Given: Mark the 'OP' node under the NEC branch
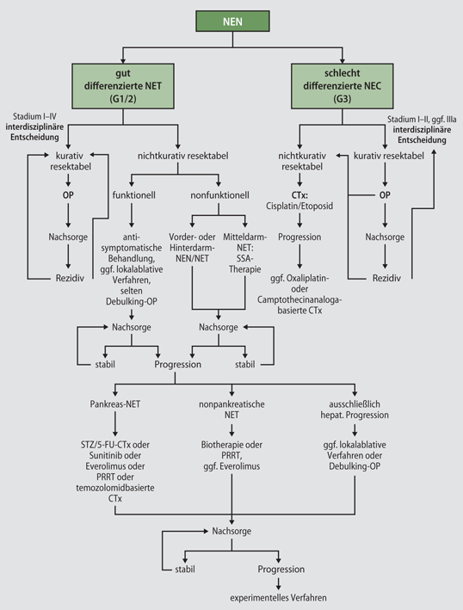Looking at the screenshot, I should [x=383, y=195].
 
